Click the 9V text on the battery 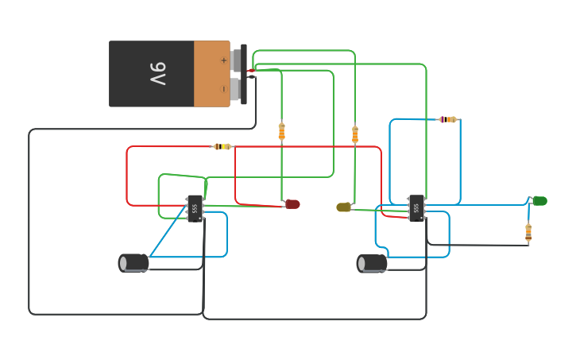pos(157,74)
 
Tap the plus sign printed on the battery pos(223,60)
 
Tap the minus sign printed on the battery pos(223,88)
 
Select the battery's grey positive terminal pos(236,60)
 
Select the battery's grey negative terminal pos(235,88)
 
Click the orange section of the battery pos(211,74)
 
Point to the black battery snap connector pos(244,74)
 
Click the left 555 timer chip pos(195,208)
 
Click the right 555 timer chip pos(416,208)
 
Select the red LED pos(292,204)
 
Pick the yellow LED pos(343,207)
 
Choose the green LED pos(539,200)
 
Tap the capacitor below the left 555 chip pos(133,263)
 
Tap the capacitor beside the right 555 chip pos(373,263)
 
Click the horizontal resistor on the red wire pos(222,146)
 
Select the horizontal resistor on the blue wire pos(449,119)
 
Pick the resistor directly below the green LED pos(528,232)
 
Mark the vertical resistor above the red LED pos(281,131)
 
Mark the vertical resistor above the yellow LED pos(355,134)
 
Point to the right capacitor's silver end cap pos(361,263)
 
